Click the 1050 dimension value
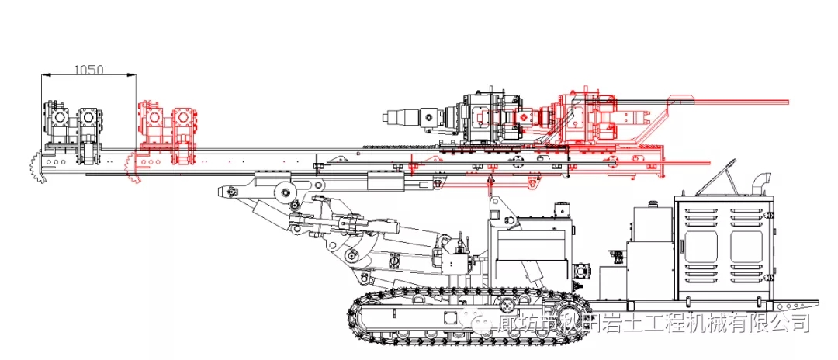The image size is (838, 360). point(88,69)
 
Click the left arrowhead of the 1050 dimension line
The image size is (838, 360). point(45,75)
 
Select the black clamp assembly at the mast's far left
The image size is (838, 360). point(73,128)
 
